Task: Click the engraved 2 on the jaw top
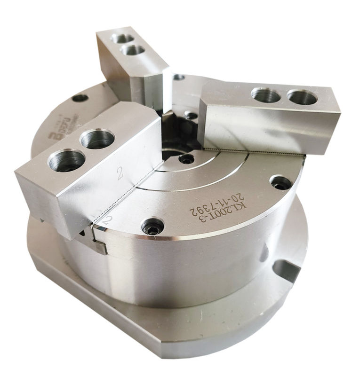pos(120,174)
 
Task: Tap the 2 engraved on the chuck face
pos(108,219)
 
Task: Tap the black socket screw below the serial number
pos(153,227)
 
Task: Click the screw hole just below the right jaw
pos(280,183)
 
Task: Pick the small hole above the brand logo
pos(80,98)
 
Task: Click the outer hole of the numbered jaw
pos(67,160)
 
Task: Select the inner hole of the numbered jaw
pos(97,139)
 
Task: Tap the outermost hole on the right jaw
pos(302,97)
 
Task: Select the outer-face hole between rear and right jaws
pos(178,77)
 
